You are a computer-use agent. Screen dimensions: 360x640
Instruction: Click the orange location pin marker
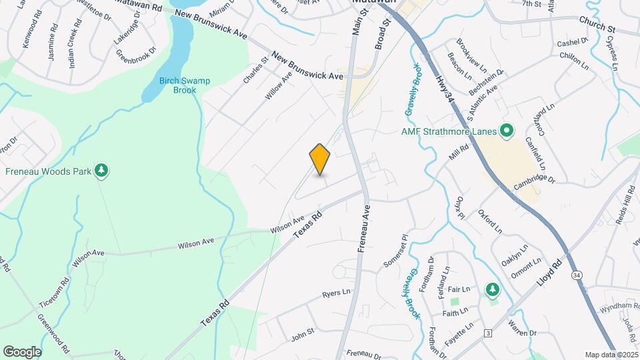click(x=320, y=159)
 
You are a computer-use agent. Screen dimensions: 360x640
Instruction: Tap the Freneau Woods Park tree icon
click(x=101, y=171)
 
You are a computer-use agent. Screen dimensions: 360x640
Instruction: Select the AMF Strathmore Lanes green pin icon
click(x=506, y=131)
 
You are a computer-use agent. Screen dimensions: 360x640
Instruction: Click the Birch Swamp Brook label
click(x=185, y=85)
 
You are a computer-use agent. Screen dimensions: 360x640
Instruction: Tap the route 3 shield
click(x=488, y=333)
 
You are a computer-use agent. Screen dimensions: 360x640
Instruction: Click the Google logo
click(x=22, y=351)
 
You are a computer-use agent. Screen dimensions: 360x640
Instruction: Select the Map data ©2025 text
click(x=611, y=355)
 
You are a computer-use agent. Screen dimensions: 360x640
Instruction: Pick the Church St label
click(x=597, y=27)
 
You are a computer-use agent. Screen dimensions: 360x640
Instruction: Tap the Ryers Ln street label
click(x=336, y=293)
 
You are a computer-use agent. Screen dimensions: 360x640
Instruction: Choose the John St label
click(x=303, y=335)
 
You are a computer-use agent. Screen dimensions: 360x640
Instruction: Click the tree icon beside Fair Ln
click(x=492, y=289)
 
